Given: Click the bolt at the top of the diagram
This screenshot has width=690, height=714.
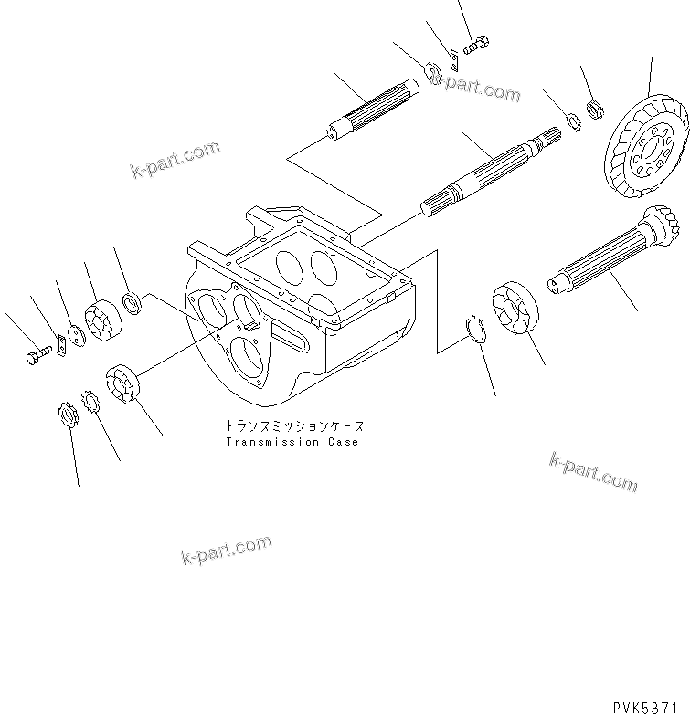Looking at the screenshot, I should point(476,44).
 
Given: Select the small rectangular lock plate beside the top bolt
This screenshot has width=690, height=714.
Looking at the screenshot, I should point(451,62).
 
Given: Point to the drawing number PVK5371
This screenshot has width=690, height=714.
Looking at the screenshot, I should point(646,703).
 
